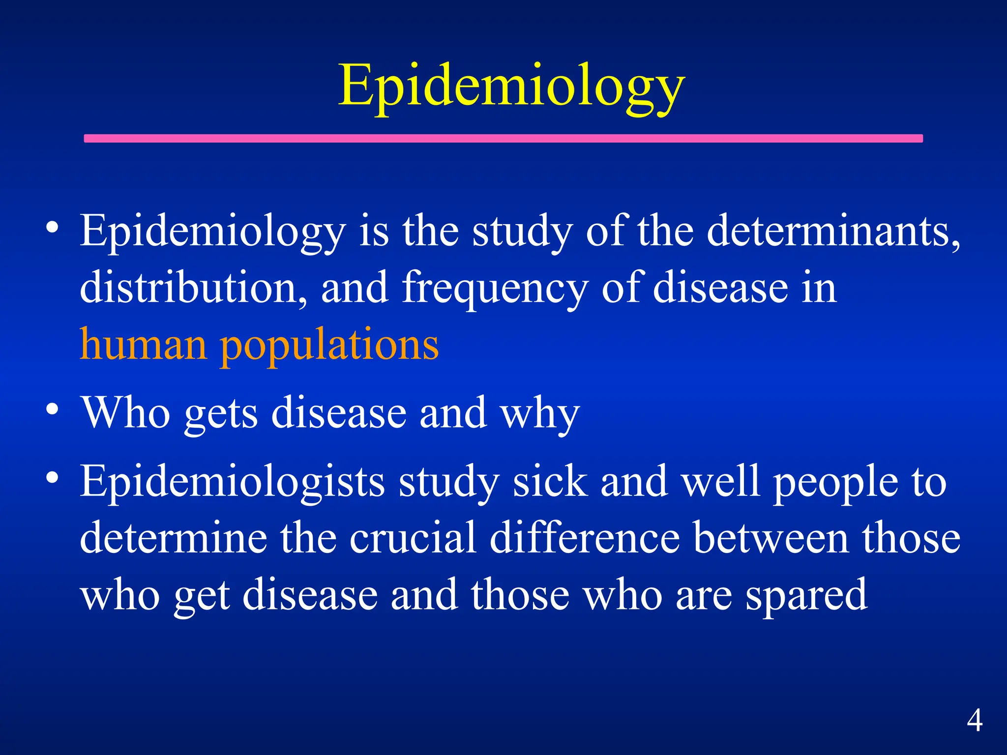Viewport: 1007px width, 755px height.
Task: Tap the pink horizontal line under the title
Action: click(x=503, y=139)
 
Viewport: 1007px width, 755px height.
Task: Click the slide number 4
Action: click(x=975, y=721)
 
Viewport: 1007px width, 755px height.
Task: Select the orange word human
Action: click(x=143, y=344)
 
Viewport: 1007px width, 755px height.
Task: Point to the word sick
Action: click(x=550, y=482)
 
